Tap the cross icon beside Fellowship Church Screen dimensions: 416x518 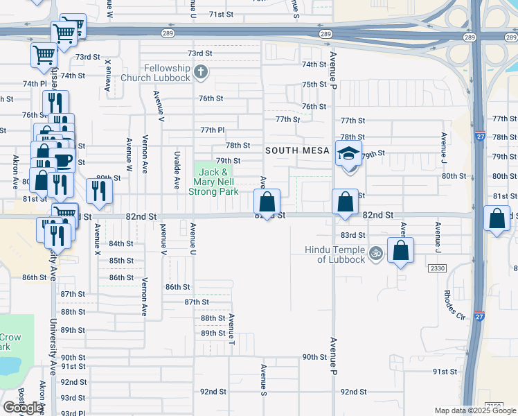coord(201,71)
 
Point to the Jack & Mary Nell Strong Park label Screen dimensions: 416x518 coord(213,182)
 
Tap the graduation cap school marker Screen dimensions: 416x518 coord(348,154)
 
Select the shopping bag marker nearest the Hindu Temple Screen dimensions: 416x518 coord(400,250)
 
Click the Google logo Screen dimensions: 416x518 coord(24,408)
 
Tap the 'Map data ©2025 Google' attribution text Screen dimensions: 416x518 coord(476,410)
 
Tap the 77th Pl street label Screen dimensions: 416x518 coord(213,130)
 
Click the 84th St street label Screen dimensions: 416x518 coord(120,243)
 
